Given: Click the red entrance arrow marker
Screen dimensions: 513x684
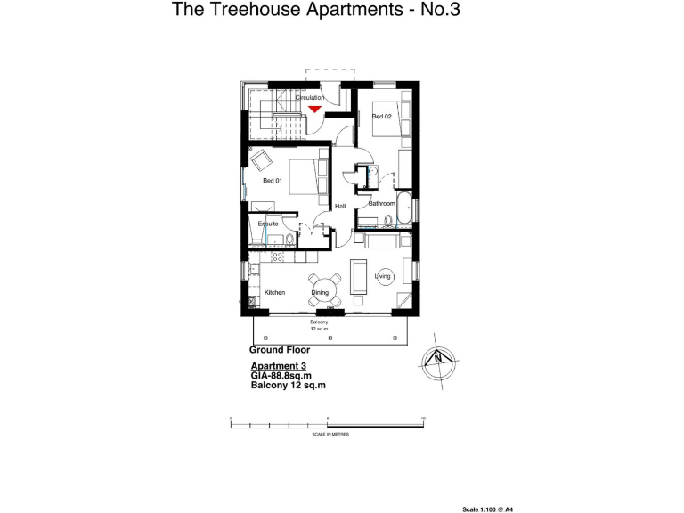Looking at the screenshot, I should (315, 109).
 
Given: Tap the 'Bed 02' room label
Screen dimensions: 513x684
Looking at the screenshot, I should (381, 117).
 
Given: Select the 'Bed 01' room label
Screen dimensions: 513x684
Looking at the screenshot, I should (272, 181).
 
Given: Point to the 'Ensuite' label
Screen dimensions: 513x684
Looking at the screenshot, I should (268, 224).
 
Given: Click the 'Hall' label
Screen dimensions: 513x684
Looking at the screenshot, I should (339, 208).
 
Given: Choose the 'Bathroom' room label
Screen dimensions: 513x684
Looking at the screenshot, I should (381, 204).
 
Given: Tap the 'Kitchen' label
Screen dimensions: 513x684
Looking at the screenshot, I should (274, 293).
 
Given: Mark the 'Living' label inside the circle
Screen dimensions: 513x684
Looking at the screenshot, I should (383, 277).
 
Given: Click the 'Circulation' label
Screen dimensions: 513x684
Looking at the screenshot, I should (322, 97).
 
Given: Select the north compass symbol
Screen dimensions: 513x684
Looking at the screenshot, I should (437, 360).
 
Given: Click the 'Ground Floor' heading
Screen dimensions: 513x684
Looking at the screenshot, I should (279, 351).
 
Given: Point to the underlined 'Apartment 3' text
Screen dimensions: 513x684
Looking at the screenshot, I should (278, 367).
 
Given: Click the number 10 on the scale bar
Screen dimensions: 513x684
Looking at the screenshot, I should (423, 418).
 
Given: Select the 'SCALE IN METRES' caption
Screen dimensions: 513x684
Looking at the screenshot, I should (330, 434).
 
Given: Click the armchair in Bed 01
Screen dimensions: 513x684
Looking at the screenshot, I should (262, 161).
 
